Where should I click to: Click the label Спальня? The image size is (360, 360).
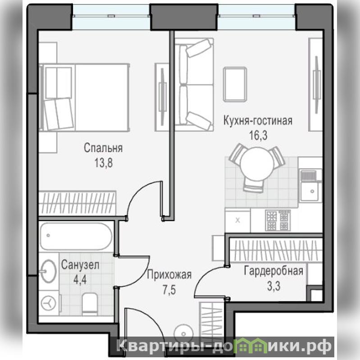click(x=103, y=148)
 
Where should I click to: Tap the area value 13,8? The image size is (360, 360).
click(x=103, y=163)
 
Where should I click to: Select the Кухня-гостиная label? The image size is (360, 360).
click(x=258, y=121)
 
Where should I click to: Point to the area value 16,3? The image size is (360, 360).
click(x=258, y=136)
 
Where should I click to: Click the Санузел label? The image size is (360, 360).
click(x=80, y=265)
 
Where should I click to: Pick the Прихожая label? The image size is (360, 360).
click(x=169, y=274)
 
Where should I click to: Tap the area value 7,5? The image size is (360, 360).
click(x=169, y=290)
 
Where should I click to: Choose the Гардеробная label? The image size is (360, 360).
click(x=273, y=271)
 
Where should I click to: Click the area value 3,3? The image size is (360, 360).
click(x=273, y=286)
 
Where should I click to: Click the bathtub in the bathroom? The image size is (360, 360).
click(x=76, y=237)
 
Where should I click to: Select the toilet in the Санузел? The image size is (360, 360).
click(x=90, y=304)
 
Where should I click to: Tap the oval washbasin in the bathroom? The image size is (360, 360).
click(x=49, y=271)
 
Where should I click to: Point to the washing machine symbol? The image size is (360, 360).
click(x=49, y=303)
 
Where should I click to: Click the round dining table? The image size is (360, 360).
click(x=257, y=164)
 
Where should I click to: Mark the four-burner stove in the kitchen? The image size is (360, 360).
click(x=278, y=220)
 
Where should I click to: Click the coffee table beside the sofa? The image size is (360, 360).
click(x=235, y=84)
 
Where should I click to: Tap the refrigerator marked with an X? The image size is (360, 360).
click(x=237, y=220)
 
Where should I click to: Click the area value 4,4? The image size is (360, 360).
click(x=80, y=280)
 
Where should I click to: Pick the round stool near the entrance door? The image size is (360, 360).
click(x=183, y=333)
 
